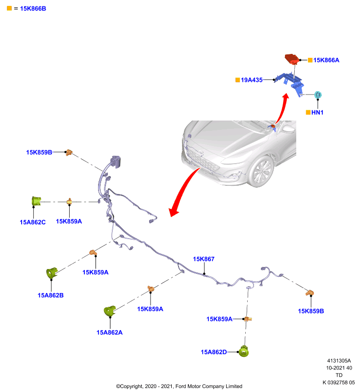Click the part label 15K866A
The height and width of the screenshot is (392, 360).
(x=326, y=60)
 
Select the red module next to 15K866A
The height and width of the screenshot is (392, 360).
(x=292, y=58)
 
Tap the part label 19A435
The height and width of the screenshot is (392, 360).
(x=252, y=80)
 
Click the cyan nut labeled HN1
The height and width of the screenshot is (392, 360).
(x=318, y=95)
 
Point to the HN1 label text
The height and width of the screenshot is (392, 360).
(x=317, y=113)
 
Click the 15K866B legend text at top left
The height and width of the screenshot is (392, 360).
(x=33, y=8)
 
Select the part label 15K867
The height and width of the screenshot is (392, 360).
(x=204, y=259)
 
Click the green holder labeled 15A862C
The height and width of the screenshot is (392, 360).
(x=36, y=201)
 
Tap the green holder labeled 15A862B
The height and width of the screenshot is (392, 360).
(x=52, y=273)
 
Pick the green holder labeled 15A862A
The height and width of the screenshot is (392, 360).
(x=109, y=311)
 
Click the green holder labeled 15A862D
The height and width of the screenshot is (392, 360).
(x=244, y=351)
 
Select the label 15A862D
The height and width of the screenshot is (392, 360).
(x=214, y=352)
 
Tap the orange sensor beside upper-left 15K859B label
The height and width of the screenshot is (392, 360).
(x=69, y=152)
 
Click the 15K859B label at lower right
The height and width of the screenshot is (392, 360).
(x=311, y=311)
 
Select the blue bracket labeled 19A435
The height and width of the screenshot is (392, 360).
(x=290, y=82)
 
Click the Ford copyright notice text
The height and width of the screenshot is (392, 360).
(x=179, y=386)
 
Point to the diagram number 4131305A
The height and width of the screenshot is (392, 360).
(x=339, y=361)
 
